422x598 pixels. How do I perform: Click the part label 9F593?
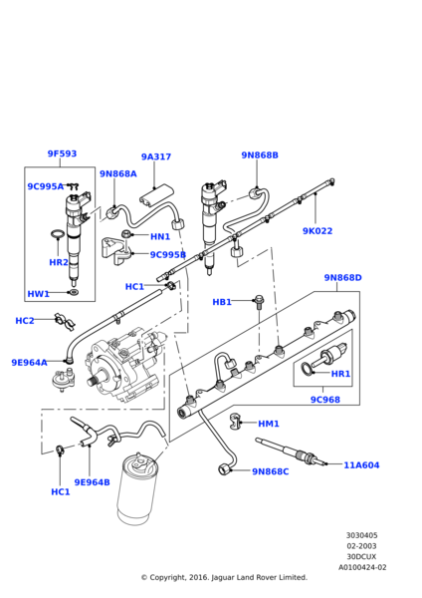pos(62,153)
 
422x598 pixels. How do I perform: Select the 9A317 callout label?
pos(156,156)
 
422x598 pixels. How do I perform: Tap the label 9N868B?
pos(260,155)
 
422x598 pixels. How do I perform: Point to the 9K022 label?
pos(317,231)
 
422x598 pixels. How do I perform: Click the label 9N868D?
pos(342,278)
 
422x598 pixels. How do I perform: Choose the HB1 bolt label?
pos(222,302)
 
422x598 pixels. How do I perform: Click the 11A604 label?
pos(361,465)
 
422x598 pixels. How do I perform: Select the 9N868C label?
pos(271,471)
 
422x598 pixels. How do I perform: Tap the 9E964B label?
pos(92,482)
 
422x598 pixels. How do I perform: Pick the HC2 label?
pos(25,321)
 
